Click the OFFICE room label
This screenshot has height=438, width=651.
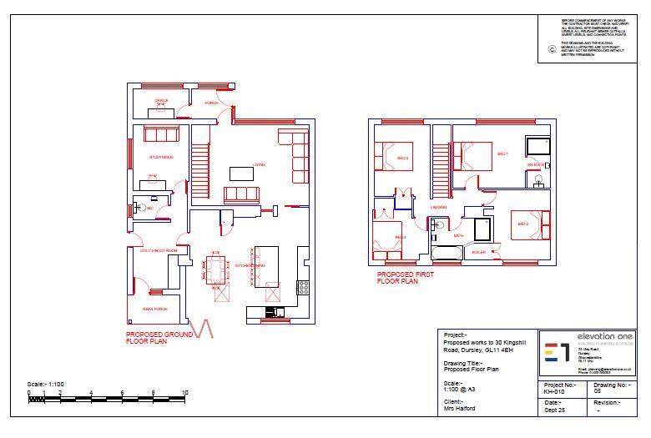click(x=161, y=100)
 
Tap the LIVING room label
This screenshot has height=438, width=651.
click(x=260, y=165)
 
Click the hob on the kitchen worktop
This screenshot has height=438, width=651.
click(x=303, y=287)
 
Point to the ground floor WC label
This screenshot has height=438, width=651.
click(x=150, y=207)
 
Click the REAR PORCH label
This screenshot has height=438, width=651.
click(x=154, y=309)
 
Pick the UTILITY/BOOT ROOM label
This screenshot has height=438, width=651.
click(x=159, y=250)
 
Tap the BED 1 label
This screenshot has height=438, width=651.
click(x=502, y=154)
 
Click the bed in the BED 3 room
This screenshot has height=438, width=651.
click(x=392, y=156)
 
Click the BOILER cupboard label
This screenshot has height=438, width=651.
click(x=478, y=252)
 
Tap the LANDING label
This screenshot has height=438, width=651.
click(x=439, y=207)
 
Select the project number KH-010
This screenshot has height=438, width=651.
click(x=554, y=390)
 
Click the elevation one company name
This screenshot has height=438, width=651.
click(x=605, y=335)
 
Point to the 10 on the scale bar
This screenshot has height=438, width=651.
click(x=184, y=392)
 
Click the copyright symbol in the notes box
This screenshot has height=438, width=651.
click(x=552, y=49)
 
